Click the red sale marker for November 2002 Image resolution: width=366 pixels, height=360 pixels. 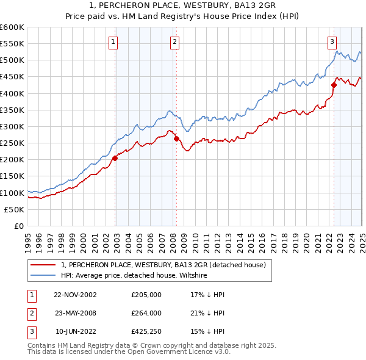tap(115, 158)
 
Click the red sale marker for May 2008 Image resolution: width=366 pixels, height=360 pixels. tap(176, 139)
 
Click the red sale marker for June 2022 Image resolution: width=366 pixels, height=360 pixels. tap(334, 85)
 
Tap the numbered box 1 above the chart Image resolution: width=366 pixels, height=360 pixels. tap(113, 42)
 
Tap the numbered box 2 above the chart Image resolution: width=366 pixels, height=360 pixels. tap(174, 42)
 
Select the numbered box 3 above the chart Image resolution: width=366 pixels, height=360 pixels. tap(332, 42)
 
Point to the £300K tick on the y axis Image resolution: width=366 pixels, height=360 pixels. tap(12, 126)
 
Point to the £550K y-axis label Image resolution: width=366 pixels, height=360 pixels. tap(12, 44)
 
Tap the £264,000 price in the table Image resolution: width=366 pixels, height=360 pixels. tap(146, 314)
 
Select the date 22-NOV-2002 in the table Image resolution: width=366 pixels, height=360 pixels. tap(75, 295)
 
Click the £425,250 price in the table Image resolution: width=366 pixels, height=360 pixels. tap(146, 333)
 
